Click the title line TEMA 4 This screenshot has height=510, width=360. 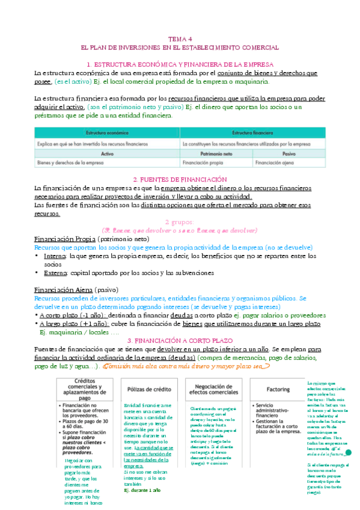pyautogui.click(x=180, y=37)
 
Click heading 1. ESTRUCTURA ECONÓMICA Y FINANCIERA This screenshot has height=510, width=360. pyautogui.click(x=180, y=64)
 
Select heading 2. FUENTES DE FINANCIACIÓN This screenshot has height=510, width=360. pyautogui.click(x=180, y=179)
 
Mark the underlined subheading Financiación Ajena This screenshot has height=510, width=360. pyautogui.click(x=60, y=290)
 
